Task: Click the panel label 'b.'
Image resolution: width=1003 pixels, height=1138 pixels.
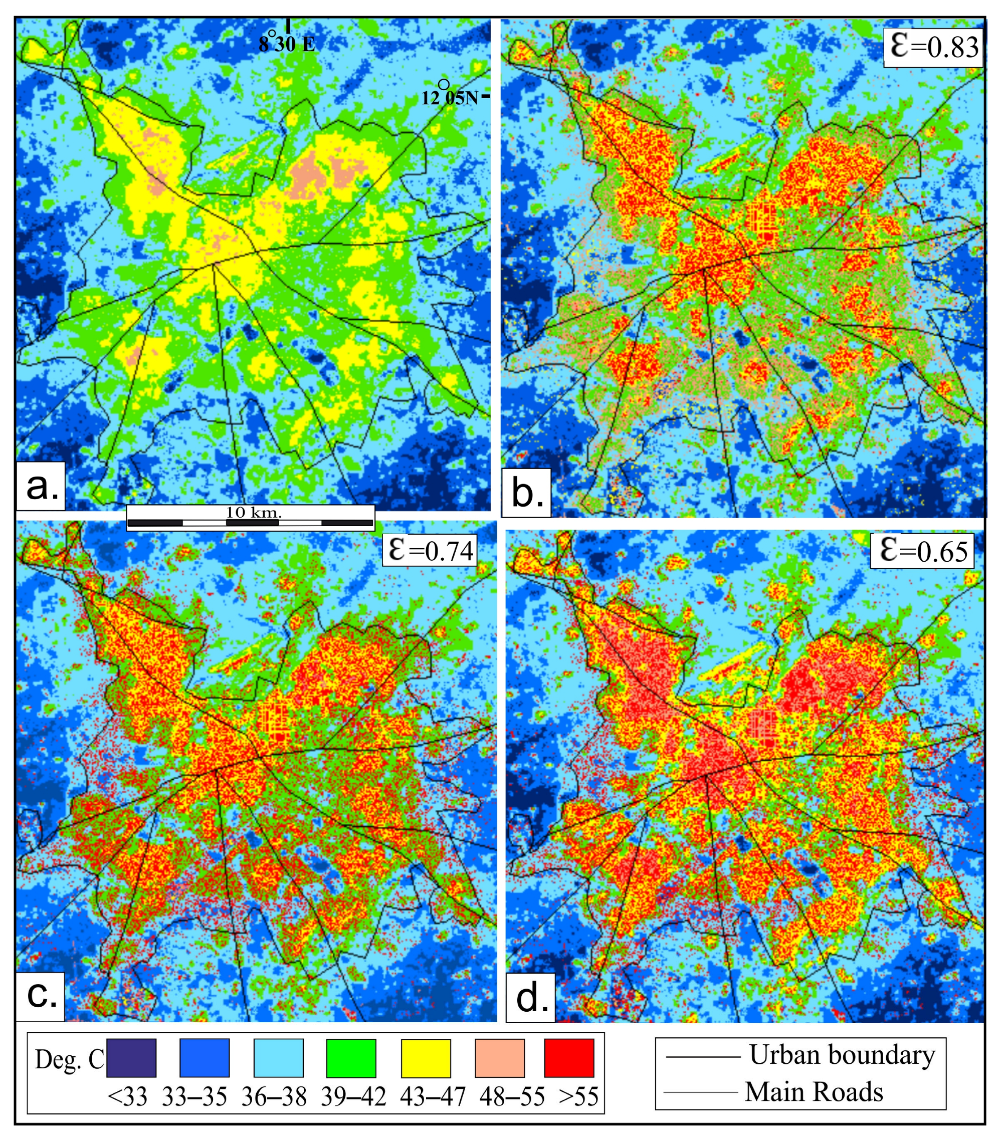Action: click(x=526, y=493)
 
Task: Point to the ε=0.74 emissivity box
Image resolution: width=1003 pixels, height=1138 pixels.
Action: click(x=430, y=551)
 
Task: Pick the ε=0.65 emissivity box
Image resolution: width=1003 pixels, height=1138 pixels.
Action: click(x=922, y=551)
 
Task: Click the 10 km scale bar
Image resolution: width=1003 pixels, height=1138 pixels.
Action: click(x=251, y=518)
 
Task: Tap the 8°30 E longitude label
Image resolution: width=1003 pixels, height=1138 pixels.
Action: click(x=286, y=44)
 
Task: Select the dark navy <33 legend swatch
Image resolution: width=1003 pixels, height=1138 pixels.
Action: click(x=131, y=1057)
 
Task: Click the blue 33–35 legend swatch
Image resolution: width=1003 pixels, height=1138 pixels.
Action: click(x=205, y=1057)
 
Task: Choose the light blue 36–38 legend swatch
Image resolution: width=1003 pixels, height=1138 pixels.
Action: click(x=279, y=1057)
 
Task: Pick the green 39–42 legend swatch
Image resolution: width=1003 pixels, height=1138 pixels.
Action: click(x=351, y=1057)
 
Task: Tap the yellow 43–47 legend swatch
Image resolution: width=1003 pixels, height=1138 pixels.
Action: click(x=426, y=1057)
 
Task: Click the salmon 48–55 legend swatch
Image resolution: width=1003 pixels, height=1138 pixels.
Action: click(x=500, y=1057)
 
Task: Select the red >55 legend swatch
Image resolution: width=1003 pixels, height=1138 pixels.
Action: click(x=569, y=1057)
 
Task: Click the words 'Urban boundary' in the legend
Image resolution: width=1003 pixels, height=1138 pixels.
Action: click(x=842, y=1054)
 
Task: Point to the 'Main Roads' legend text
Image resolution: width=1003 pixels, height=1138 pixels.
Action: click(x=814, y=1092)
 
